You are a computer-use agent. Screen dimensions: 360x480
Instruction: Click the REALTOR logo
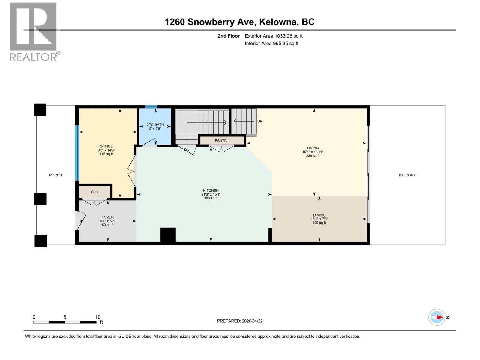tap(33, 31)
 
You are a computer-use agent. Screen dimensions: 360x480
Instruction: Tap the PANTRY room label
tap(222, 140)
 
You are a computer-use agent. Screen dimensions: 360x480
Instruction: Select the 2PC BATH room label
tap(155, 125)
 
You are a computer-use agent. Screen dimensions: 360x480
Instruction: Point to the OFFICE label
tap(106, 146)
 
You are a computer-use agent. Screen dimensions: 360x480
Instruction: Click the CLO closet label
tap(94, 192)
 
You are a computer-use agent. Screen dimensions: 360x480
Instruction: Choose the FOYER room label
tap(107, 217)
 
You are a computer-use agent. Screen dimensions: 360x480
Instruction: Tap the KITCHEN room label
tap(211, 190)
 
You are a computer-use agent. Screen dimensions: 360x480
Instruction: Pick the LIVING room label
tap(313, 148)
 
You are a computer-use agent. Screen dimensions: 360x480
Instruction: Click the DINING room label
tap(319, 215)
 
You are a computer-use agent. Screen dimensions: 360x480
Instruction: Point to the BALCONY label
tap(407, 175)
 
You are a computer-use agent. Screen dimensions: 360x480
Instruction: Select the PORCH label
tap(55, 175)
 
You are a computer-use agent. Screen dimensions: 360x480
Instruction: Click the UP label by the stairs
tap(260, 121)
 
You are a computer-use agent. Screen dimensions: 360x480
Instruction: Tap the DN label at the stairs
tap(187, 150)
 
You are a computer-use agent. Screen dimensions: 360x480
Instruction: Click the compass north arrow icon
tap(437, 317)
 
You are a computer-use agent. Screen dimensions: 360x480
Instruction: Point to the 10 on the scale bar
tap(98, 317)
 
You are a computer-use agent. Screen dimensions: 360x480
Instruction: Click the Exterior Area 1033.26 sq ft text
tap(274, 36)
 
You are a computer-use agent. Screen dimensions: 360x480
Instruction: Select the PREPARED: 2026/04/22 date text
tap(240, 321)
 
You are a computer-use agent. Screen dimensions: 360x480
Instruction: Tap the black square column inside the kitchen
tap(168, 235)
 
